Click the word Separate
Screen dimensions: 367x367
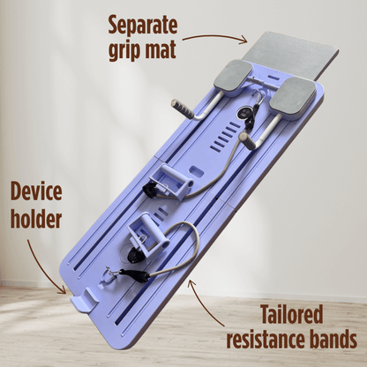(x=143, y=26)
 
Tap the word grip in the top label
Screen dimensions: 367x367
(x=124, y=49)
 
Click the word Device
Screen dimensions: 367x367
(x=36, y=191)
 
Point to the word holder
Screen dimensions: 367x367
(x=36, y=220)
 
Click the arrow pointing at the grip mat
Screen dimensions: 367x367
(x=214, y=36)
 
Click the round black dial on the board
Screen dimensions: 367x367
(x=245, y=113)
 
